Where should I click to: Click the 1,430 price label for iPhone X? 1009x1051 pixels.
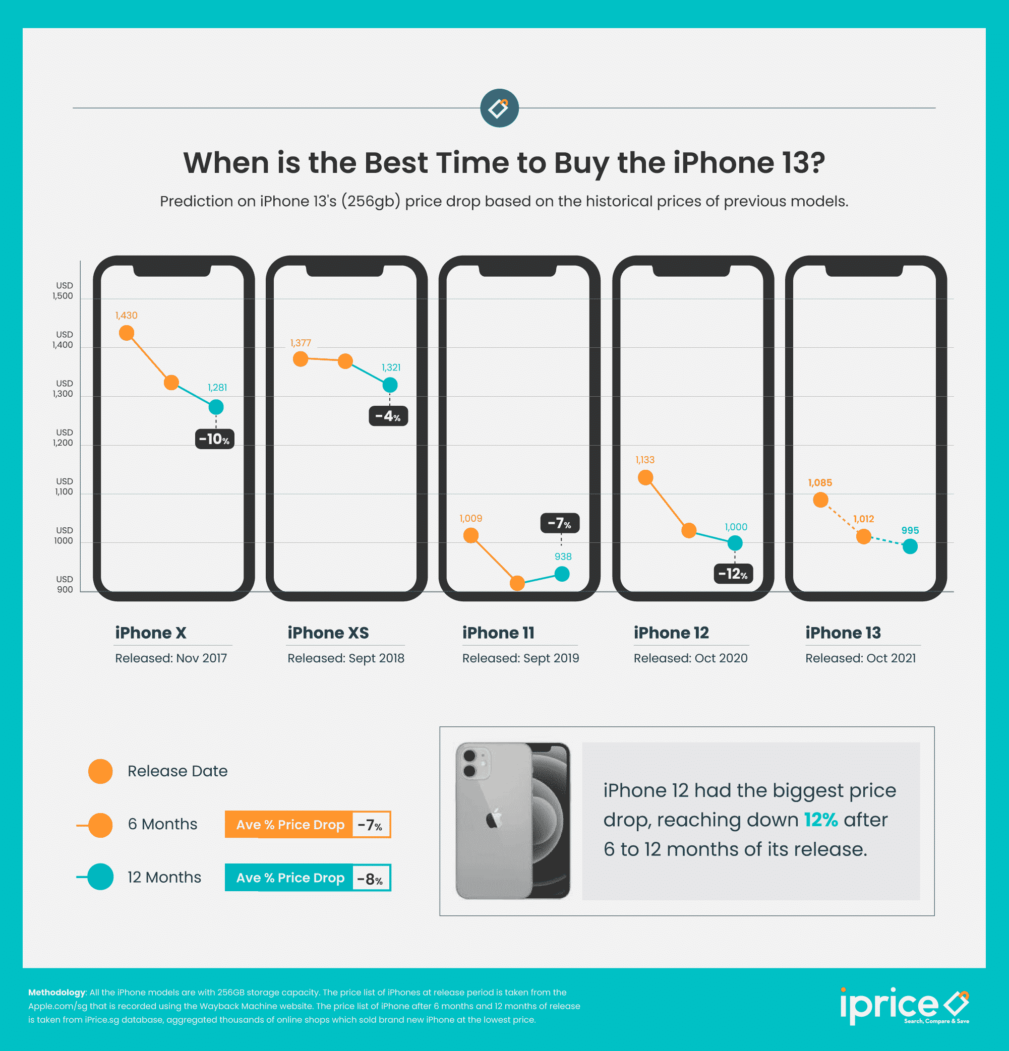(126, 316)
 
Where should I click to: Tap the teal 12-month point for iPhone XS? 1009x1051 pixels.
(390, 385)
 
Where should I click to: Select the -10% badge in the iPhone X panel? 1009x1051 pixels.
(215, 439)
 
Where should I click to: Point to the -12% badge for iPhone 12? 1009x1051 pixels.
(733, 574)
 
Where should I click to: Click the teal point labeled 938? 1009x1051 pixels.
(562, 574)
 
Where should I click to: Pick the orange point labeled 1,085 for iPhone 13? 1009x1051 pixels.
(820, 500)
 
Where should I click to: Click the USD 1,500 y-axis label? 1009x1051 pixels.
(64, 291)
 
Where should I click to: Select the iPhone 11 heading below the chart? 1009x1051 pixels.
(498, 633)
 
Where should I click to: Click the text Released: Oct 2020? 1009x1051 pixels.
(690, 658)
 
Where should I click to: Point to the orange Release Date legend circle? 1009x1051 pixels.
(100, 771)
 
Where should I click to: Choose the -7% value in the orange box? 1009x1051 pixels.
(370, 825)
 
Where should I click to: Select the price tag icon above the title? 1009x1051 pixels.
(499, 108)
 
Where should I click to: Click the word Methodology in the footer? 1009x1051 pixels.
(57, 992)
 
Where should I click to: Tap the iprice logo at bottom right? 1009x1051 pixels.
(904, 1006)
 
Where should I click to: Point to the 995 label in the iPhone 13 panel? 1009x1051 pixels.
(910, 530)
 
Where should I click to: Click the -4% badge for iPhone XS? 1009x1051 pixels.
(388, 416)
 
